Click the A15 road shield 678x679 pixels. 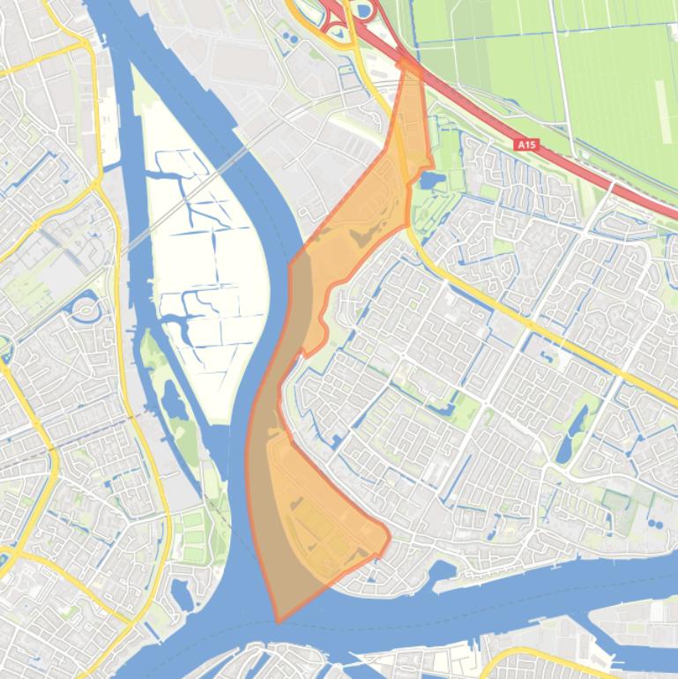[526, 144]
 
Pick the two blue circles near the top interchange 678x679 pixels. [288, 38]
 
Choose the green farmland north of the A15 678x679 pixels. [573, 62]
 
